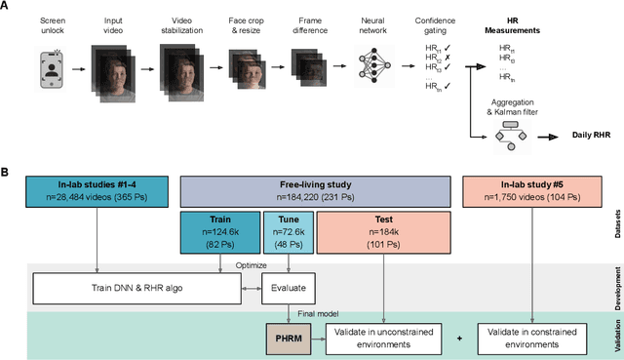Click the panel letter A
tap(7, 6)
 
